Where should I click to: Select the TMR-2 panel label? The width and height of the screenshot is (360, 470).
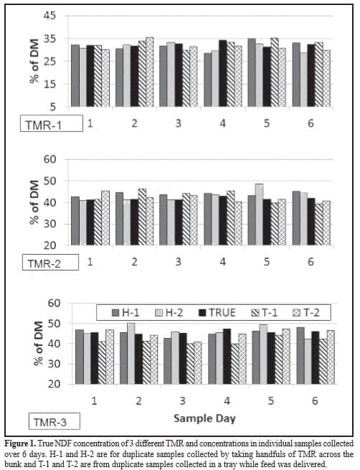pyautogui.click(x=44, y=263)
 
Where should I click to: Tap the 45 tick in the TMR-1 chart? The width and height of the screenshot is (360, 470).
pyautogui.click(x=50, y=16)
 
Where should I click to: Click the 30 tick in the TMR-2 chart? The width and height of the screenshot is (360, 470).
pyautogui.click(x=51, y=224)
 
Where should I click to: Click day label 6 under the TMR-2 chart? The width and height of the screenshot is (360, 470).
pyautogui.click(x=311, y=263)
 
